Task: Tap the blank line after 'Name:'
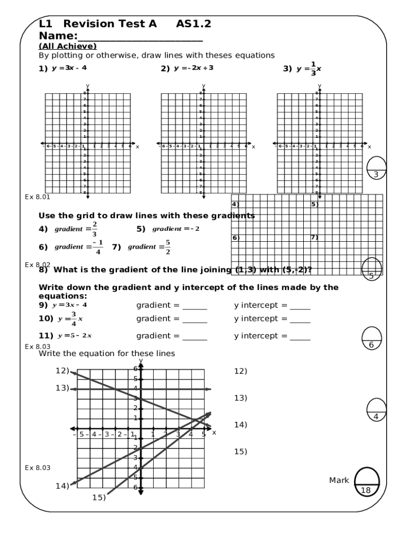(140, 37)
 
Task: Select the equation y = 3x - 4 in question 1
(69, 68)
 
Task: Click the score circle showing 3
(377, 168)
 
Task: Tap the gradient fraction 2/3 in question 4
(94, 229)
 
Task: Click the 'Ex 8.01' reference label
(37, 197)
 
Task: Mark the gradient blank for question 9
(195, 306)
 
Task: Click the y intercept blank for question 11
(300, 336)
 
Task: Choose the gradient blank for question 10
(195, 319)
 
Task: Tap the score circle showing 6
(371, 339)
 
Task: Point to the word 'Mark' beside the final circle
(339, 480)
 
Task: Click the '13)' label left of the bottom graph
(62, 388)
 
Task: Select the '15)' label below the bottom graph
(99, 498)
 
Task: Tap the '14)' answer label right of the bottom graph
(240, 424)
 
